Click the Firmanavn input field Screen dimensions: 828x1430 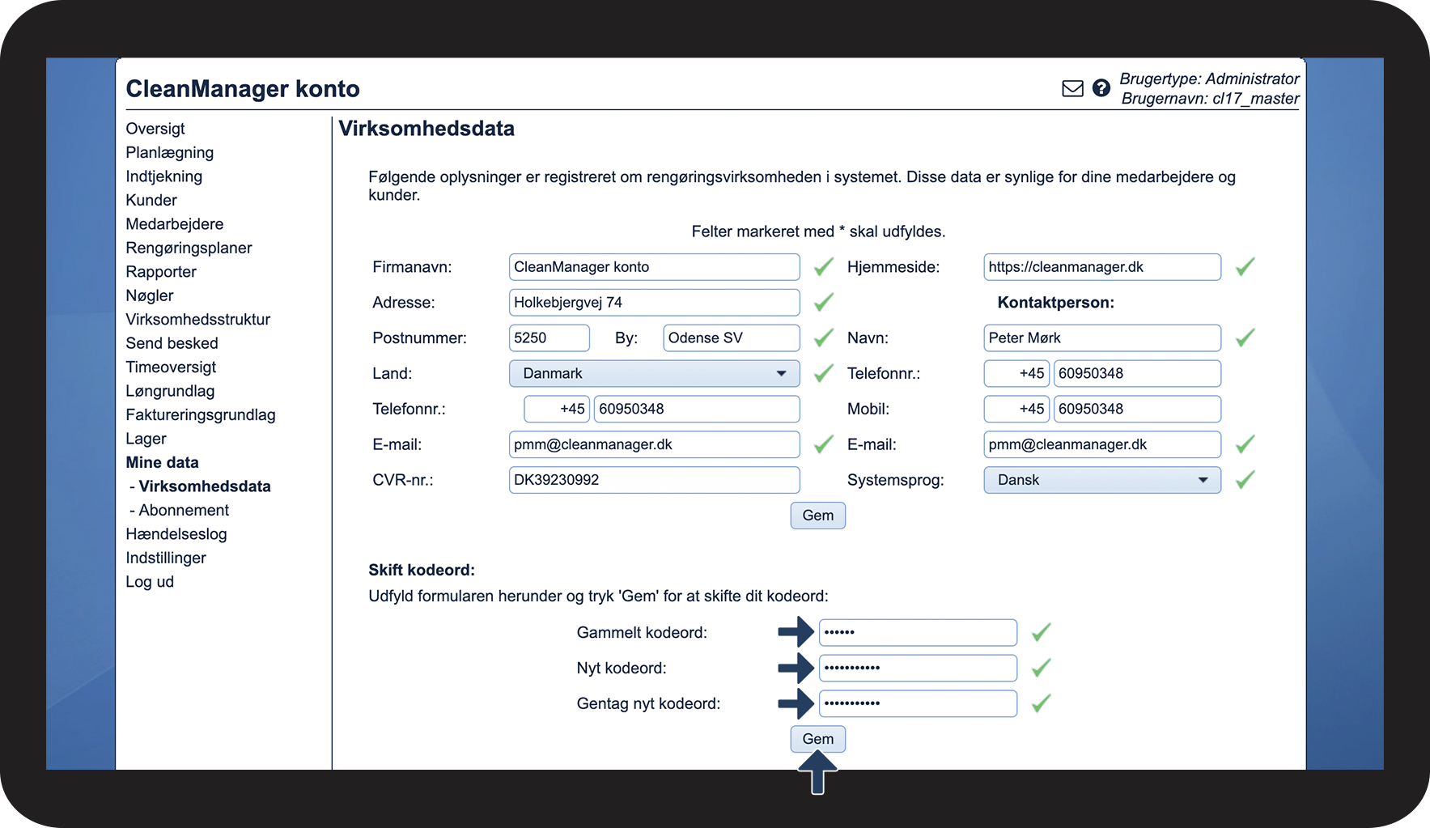click(x=654, y=267)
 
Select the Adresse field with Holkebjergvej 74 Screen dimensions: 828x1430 click(x=654, y=303)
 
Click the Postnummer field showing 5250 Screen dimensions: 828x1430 click(x=549, y=338)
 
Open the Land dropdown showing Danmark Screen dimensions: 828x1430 click(x=654, y=374)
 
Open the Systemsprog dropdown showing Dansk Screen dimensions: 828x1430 click(x=1101, y=480)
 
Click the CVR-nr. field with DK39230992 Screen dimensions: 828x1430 click(x=654, y=480)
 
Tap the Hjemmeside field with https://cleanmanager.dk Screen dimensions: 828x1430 click(x=1101, y=267)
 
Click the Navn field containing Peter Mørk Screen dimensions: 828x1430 click(x=1101, y=338)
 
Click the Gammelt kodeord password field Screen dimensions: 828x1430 click(x=918, y=632)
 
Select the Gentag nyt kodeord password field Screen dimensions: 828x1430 click(x=918, y=703)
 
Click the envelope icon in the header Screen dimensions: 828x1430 click(x=1072, y=88)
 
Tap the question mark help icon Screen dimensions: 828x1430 click(x=1101, y=88)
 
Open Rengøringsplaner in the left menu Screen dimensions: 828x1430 click(x=189, y=248)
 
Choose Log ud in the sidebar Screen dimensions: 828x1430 click(x=150, y=582)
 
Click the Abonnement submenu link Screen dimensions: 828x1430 click(x=184, y=510)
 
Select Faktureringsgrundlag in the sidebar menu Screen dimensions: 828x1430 click(x=201, y=415)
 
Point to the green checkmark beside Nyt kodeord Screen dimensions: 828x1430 click(x=1041, y=668)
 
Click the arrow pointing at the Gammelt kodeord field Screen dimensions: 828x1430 click(x=796, y=632)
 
